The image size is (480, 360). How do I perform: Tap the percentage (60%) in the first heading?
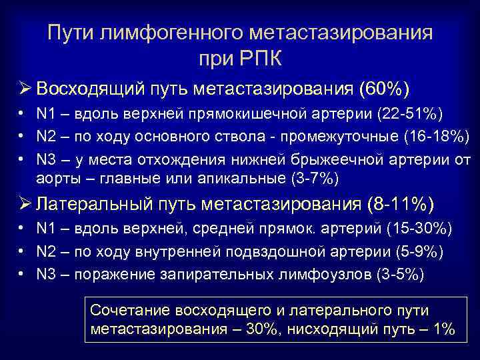tap(384, 89)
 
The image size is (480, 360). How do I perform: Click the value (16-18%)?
tap(436, 137)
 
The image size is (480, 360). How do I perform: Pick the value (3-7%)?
tap(314, 179)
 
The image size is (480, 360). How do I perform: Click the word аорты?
tap(54, 179)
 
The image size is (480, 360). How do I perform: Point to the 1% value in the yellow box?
tap(441, 329)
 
